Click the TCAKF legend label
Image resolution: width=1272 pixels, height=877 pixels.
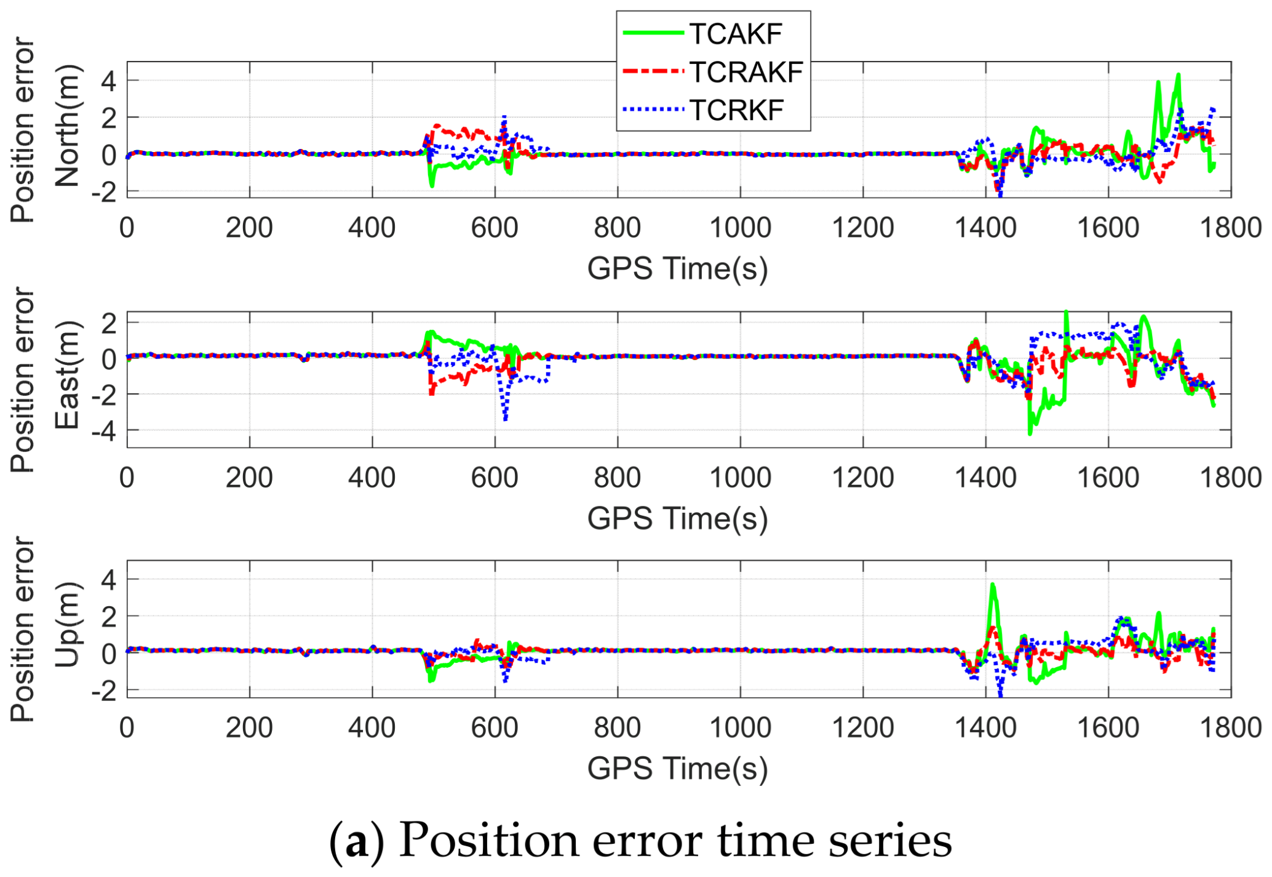click(735, 34)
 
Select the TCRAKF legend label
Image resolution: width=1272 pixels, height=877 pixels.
click(746, 73)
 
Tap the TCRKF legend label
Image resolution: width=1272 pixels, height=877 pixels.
click(736, 111)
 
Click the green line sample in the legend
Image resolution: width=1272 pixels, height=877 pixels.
click(653, 33)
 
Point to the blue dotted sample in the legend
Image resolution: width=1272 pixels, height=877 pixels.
click(653, 110)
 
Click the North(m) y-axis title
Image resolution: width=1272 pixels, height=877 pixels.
click(68, 126)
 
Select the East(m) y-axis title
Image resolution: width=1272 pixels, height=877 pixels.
click(68, 375)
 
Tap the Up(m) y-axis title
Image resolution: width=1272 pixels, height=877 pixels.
click(68, 625)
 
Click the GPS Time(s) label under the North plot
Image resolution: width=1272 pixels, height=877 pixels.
click(677, 269)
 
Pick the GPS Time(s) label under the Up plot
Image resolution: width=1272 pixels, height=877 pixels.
click(677, 769)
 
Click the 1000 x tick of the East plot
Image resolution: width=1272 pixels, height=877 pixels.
click(740, 478)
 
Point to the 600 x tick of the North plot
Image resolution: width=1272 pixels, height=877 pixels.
click(495, 228)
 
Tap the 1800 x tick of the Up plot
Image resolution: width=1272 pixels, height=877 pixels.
click(1230, 728)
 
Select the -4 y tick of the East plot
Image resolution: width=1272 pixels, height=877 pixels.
click(104, 430)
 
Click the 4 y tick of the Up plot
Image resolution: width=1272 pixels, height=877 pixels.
click(109, 580)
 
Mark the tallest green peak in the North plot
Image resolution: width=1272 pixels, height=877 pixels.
click(1178, 76)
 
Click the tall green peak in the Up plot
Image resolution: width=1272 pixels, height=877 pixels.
click(992, 585)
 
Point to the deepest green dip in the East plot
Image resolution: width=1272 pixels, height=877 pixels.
click(1030, 433)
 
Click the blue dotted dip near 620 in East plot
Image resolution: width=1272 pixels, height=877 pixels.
click(505, 418)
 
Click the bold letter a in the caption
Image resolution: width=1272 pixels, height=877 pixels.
click(357, 842)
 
